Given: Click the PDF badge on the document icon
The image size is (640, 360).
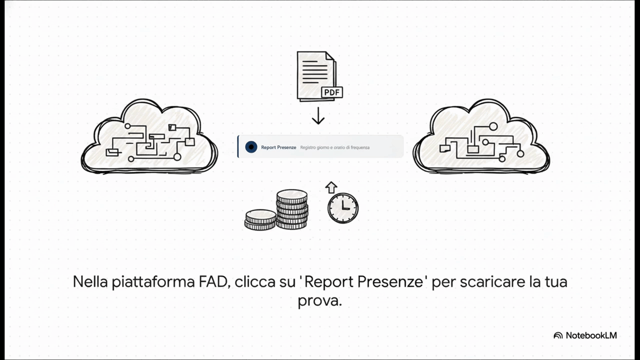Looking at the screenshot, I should tap(332, 92).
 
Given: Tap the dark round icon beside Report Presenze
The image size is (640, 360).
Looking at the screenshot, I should tap(251, 147).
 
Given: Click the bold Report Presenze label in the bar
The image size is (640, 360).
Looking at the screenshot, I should tap(278, 147).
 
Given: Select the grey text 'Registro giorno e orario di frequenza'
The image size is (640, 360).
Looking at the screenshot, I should tap(335, 147).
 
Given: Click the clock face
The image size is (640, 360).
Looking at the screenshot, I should tap(343, 208).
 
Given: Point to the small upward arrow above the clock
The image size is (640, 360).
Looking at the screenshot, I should tap(331, 187).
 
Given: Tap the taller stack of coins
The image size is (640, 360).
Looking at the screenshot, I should tap(292, 209).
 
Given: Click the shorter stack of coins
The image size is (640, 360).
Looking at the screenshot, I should tap(260, 219).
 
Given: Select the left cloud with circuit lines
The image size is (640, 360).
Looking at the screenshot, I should tap(149, 137).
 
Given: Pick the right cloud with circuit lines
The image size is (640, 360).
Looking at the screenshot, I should tap(481, 138).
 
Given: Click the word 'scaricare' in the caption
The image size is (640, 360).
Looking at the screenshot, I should tap(492, 282).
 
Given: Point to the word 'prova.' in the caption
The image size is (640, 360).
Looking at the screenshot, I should tap(319, 300).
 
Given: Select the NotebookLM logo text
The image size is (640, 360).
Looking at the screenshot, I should tap(591, 335).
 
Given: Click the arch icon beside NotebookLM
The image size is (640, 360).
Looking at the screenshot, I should tap(558, 335).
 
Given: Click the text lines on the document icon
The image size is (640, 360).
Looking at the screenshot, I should tap(312, 71).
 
